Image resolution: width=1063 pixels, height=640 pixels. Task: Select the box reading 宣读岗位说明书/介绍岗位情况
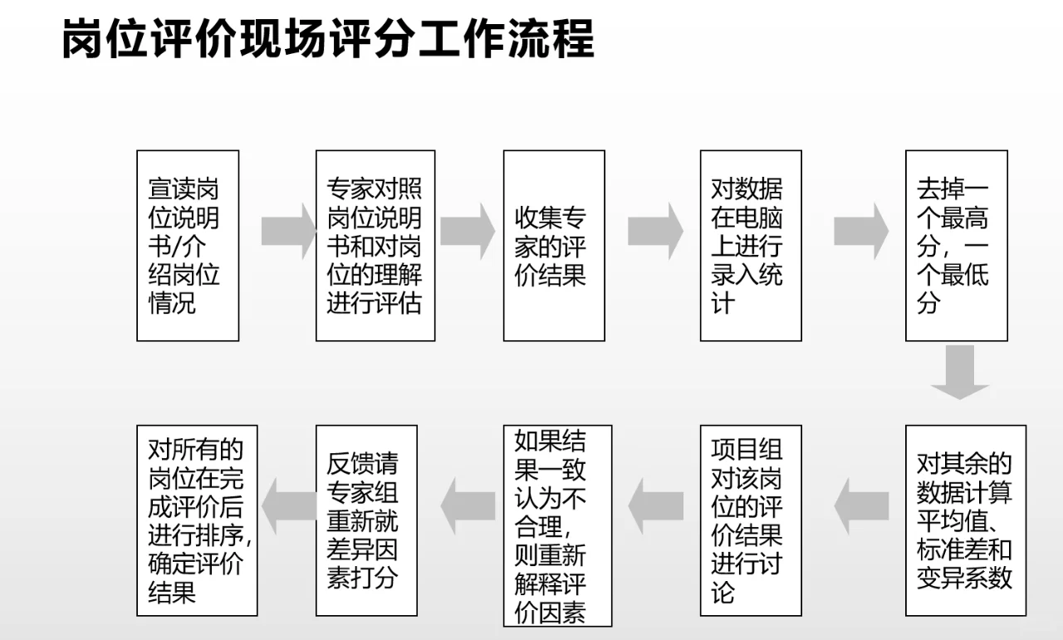188,246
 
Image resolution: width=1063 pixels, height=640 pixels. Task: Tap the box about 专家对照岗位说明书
375,246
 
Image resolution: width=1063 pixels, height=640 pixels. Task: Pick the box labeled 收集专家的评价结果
554,246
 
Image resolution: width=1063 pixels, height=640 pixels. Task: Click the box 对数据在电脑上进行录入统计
751,246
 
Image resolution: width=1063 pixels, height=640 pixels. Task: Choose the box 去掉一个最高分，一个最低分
956,246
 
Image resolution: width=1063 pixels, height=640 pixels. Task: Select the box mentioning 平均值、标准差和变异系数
966,520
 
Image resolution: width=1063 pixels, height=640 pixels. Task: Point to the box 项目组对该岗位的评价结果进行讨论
751,520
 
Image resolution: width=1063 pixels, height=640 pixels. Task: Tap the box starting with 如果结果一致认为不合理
557,525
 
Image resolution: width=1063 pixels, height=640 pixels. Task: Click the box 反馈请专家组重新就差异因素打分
366,520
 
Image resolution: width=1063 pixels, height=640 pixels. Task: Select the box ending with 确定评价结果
197,520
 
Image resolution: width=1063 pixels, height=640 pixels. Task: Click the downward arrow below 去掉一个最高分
960,371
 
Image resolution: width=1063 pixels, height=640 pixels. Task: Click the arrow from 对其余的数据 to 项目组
860,506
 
